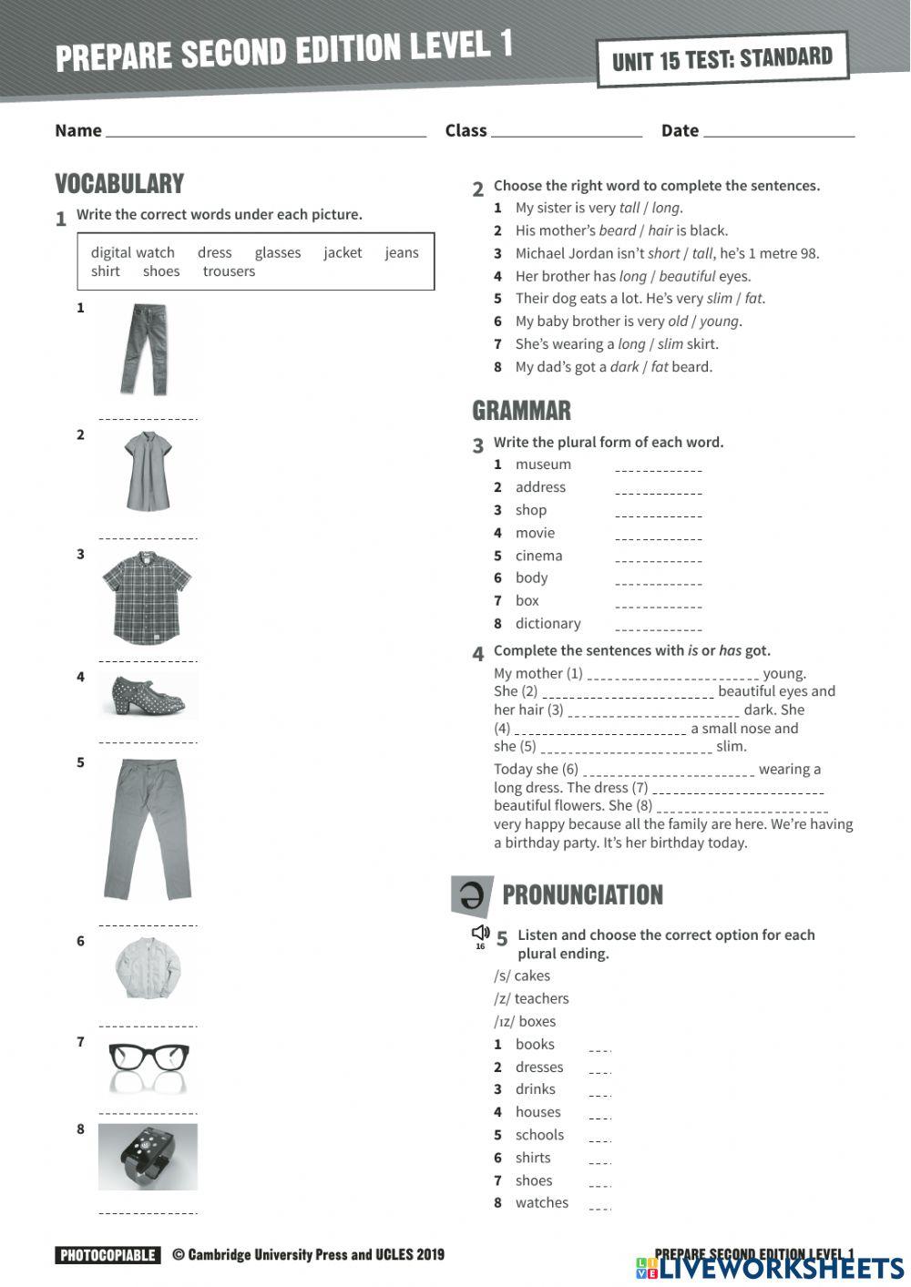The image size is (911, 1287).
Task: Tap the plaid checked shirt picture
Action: [x=147, y=598]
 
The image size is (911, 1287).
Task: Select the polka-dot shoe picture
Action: [x=148, y=696]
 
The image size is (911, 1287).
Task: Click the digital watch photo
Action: [x=148, y=1157]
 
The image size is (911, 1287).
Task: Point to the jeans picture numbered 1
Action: [x=146, y=350]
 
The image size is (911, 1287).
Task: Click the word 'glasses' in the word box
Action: [x=277, y=252]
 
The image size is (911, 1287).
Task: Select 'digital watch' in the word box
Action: [x=132, y=252]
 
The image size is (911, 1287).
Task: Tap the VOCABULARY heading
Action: [x=119, y=183]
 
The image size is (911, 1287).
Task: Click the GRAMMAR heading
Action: [x=521, y=411]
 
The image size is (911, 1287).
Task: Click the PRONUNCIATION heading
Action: [x=582, y=894]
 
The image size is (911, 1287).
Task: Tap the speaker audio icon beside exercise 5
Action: [x=480, y=933]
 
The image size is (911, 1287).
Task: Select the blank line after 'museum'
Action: [x=658, y=470]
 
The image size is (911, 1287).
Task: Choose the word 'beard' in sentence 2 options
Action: [x=617, y=230]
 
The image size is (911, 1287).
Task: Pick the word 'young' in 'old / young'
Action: [x=720, y=321]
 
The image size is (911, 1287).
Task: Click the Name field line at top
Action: [x=265, y=134]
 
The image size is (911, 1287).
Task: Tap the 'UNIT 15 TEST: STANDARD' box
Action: [x=722, y=59]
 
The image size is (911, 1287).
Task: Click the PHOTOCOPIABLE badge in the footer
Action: [x=107, y=1255]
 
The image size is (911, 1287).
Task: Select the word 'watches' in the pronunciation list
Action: [x=541, y=1202]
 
